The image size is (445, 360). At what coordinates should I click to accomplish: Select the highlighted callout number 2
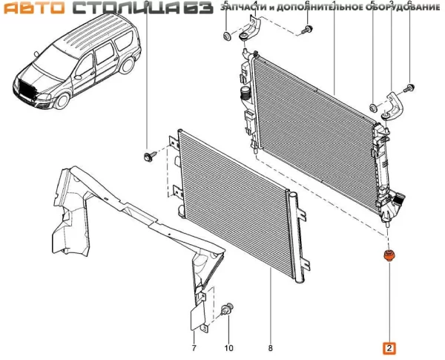tap(389, 347)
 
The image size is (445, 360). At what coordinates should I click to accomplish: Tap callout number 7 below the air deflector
tap(193, 347)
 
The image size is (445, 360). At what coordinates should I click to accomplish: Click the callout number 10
tap(228, 347)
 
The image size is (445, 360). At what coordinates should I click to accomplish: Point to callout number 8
tap(270, 347)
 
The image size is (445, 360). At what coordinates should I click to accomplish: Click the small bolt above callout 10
tap(228, 308)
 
